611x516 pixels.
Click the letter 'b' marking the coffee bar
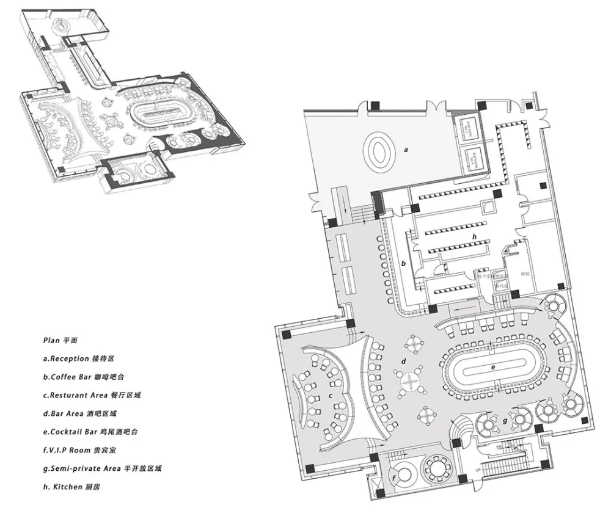404,264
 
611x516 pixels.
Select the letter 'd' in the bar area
404,362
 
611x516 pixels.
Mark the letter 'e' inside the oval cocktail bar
493,368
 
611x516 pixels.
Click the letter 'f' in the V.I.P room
395,477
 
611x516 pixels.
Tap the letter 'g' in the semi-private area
504,421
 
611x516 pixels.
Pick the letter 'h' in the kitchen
473,236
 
